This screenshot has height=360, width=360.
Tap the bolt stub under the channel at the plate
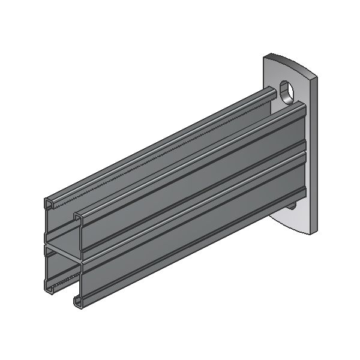292,206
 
